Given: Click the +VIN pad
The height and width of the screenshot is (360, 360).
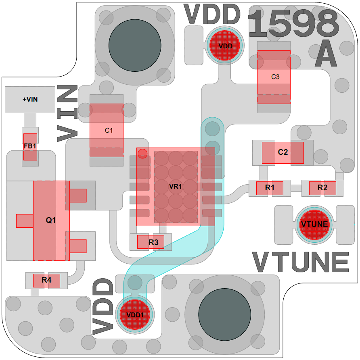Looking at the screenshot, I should [x=30, y=99].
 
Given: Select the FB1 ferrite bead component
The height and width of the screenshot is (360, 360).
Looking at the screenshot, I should [x=30, y=146].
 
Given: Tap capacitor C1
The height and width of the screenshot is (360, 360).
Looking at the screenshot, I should [x=107, y=130].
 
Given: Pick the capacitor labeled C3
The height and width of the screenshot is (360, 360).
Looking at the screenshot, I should [x=274, y=77].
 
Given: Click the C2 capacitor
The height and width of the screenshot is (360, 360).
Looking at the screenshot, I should [x=283, y=152].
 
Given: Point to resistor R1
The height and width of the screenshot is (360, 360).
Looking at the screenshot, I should [x=270, y=188].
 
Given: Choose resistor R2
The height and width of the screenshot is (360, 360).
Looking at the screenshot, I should [x=322, y=188].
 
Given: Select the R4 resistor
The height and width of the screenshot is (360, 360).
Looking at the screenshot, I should [x=46, y=280].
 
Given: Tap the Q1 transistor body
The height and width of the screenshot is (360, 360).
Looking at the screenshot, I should [x=51, y=221].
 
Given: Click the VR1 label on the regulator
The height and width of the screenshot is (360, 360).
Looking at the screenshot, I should [x=176, y=187].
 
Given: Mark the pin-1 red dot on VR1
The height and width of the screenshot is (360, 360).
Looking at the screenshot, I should [x=142, y=153].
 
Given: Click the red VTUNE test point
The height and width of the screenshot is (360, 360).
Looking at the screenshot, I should [x=314, y=225].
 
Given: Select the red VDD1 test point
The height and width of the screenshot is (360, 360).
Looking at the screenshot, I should [x=135, y=315].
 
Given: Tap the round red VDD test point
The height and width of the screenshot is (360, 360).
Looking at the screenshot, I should [x=225, y=46].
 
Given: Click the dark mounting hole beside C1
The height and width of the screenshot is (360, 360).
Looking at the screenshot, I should [x=135, y=46].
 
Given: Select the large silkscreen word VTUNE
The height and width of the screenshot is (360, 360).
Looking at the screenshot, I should [x=301, y=262].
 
